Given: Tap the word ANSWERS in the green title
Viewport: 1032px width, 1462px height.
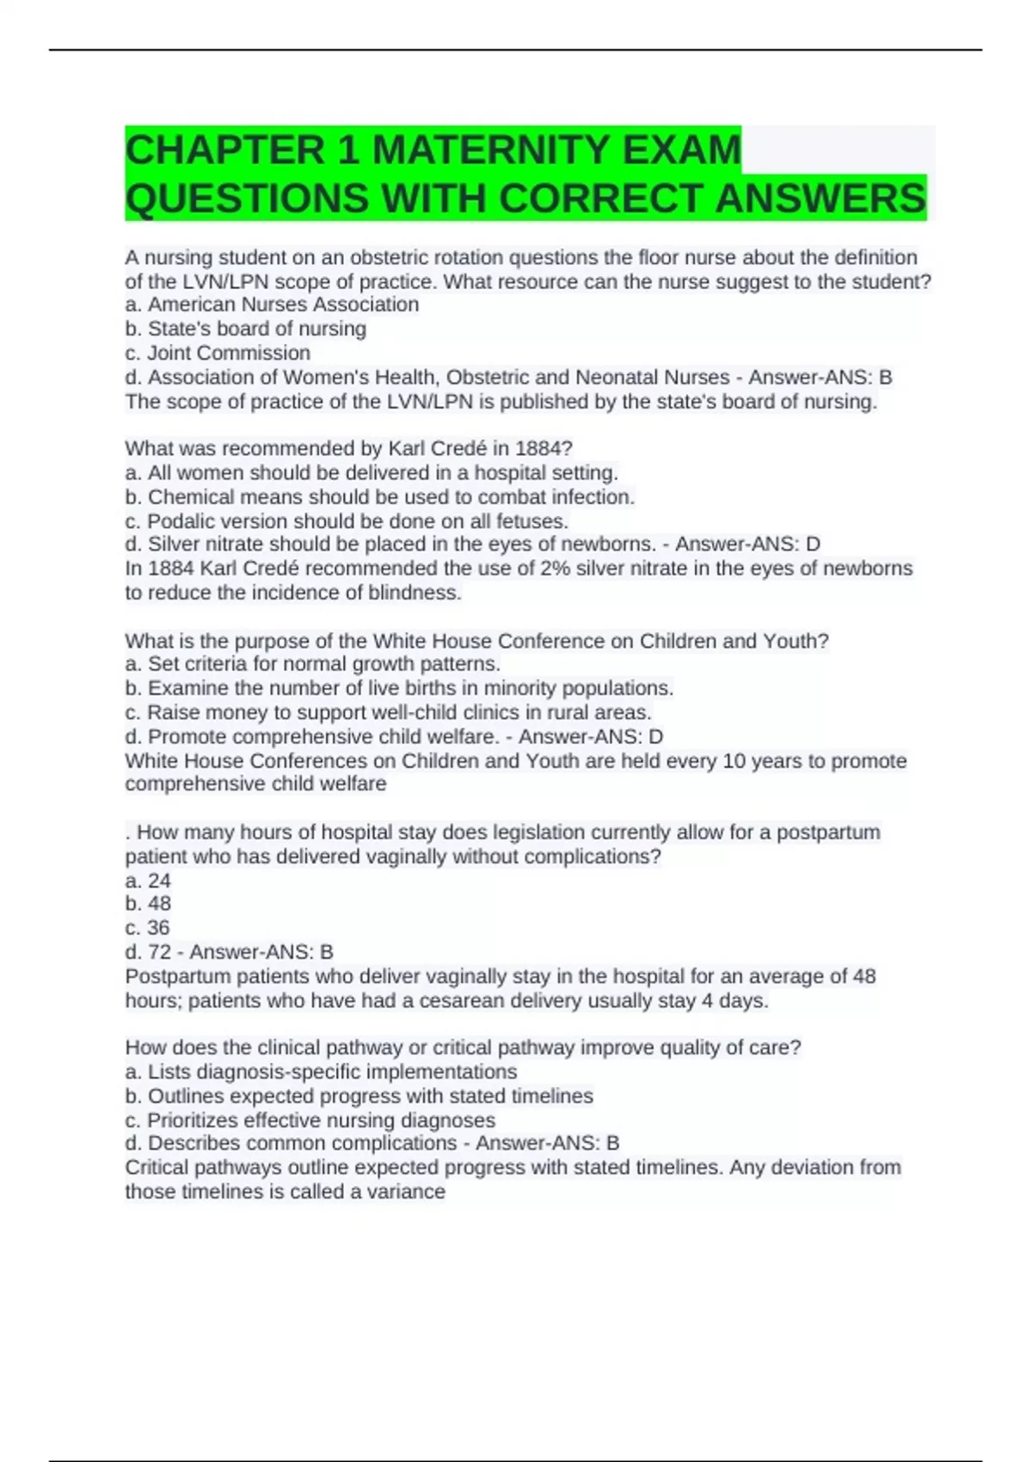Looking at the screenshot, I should [x=820, y=198].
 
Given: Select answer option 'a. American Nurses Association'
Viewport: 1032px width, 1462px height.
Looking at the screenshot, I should [x=272, y=304].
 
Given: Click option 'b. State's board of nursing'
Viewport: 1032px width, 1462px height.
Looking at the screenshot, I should [x=246, y=329].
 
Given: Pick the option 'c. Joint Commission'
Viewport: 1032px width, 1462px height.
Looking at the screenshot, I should [x=218, y=353].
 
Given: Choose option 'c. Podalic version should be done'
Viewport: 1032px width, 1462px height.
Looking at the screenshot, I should [x=347, y=521].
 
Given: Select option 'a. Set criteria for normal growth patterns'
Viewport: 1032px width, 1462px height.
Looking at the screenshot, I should [x=313, y=664].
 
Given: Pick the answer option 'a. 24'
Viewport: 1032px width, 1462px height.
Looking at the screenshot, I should [x=148, y=881].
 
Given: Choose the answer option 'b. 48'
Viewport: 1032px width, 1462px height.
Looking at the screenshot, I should [x=148, y=904].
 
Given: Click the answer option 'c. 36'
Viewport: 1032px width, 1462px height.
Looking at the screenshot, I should [x=148, y=928].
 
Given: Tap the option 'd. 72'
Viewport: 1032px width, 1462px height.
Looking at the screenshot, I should [x=148, y=952].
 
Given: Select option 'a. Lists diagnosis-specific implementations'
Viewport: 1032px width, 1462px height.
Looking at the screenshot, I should [x=321, y=1072].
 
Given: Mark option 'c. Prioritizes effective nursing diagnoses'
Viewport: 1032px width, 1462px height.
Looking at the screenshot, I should [x=310, y=1121].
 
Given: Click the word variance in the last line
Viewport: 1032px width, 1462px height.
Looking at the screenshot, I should [x=406, y=1192].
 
